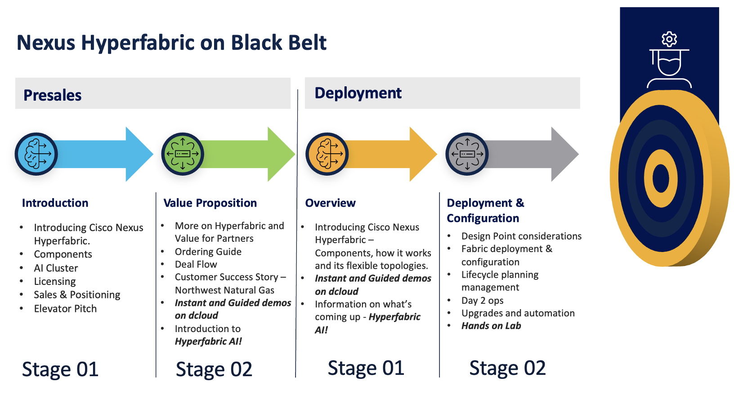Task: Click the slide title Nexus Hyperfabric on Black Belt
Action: pyautogui.click(x=171, y=43)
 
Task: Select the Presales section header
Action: pyautogui.click(x=53, y=95)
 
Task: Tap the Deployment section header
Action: pyautogui.click(x=358, y=93)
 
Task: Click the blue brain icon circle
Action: pyautogui.click(x=36, y=154)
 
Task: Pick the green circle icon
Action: pyautogui.click(x=183, y=154)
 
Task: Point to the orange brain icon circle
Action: pyautogui.click(x=327, y=154)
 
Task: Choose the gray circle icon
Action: pyautogui.click(x=467, y=154)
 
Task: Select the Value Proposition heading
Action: pyautogui.click(x=210, y=203)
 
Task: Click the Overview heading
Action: pyautogui.click(x=331, y=203)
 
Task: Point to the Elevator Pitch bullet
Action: pyautogui.click(x=65, y=309)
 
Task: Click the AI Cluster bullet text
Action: pyautogui.click(x=56, y=268)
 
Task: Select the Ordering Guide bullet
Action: pyautogui.click(x=208, y=252)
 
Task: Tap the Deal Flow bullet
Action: pyautogui.click(x=196, y=264)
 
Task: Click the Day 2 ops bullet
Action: pyautogui.click(x=483, y=301)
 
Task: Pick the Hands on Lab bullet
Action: pyautogui.click(x=491, y=326)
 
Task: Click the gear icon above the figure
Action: pyautogui.click(x=669, y=40)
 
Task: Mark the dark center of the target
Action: pyautogui.click(x=661, y=178)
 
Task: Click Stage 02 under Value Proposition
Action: pyautogui.click(x=214, y=369)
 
